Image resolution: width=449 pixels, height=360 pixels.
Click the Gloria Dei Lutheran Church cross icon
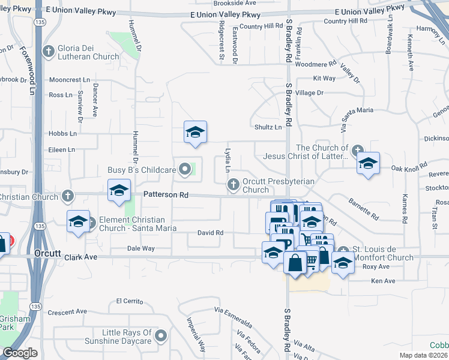pyautogui.click(x=48, y=52)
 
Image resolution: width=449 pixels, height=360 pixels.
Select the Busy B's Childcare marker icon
pyautogui.click(x=185, y=170)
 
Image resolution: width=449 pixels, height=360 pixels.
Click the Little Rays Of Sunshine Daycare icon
pyautogui.click(x=162, y=335)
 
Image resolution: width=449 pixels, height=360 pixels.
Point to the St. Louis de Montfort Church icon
pyautogui.click(x=343, y=251)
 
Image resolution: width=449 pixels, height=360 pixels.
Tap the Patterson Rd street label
pyautogui.click(x=166, y=195)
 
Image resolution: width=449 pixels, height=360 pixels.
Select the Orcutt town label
pyautogui.click(x=48, y=254)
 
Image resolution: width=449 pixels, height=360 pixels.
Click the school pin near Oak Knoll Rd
pyautogui.click(x=368, y=163)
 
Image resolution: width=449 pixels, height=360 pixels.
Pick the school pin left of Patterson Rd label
pyautogui.click(x=119, y=191)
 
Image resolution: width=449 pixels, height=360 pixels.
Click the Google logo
pyautogui.click(x=20, y=353)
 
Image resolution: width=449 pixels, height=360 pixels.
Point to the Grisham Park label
pyautogui.click(x=14, y=323)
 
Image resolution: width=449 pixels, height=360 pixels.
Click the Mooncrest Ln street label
pyautogui.click(x=69, y=80)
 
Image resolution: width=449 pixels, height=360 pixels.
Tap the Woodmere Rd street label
pyautogui.click(x=316, y=64)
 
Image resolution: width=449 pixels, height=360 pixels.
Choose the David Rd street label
pyautogui.click(x=210, y=233)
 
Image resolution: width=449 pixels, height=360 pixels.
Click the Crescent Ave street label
pyautogui.click(x=68, y=312)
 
